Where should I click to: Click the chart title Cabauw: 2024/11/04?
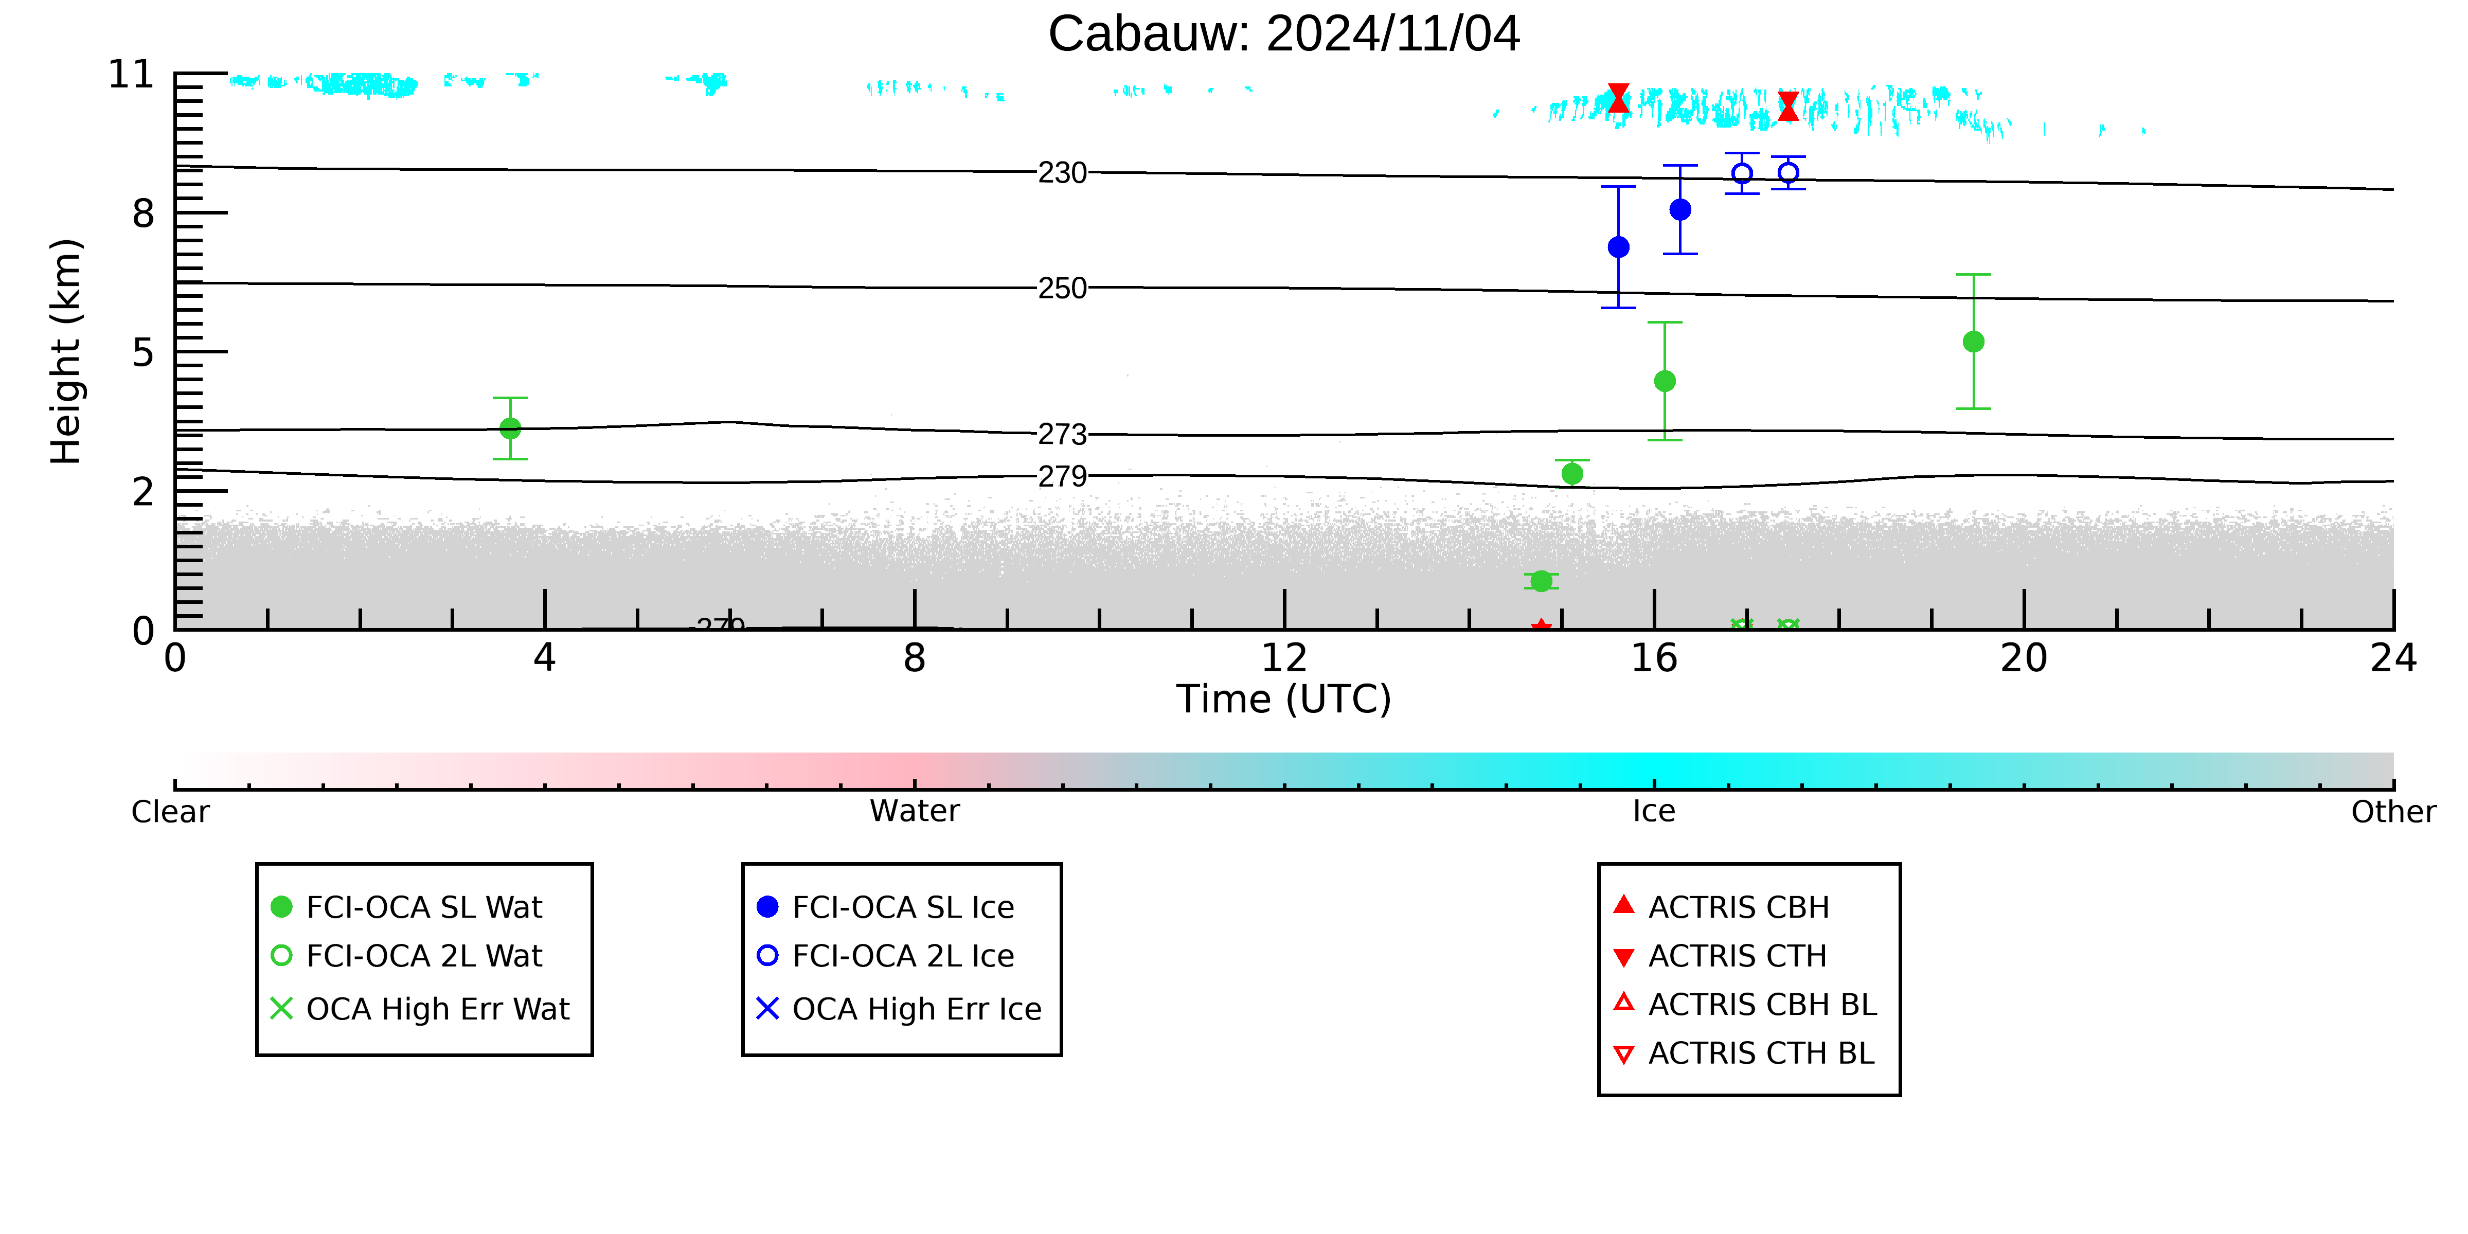pyautogui.click(x=1284, y=34)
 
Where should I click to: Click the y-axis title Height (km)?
pyautogui.click(x=66, y=352)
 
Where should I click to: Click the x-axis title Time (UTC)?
pyautogui.click(x=1284, y=700)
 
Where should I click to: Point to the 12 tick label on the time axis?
pyautogui.click(x=1284, y=658)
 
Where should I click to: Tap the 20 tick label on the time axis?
pyautogui.click(x=2024, y=658)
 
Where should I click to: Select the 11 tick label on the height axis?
pyautogui.click(x=131, y=75)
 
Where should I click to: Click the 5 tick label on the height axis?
pyautogui.click(x=144, y=352)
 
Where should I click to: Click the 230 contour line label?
pyautogui.click(x=1063, y=173)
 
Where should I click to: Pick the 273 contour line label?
pyautogui.click(x=1063, y=435)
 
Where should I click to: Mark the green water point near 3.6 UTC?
pyautogui.click(x=511, y=428)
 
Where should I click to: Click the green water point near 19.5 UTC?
pyautogui.click(x=1974, y=342)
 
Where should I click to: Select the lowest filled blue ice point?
pyautogui.click(x=1618, y=247)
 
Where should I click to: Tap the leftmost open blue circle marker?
pyautogui.click(x=1742, y=173)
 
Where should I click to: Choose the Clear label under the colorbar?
pyautogui.click(x=171, y=812)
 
